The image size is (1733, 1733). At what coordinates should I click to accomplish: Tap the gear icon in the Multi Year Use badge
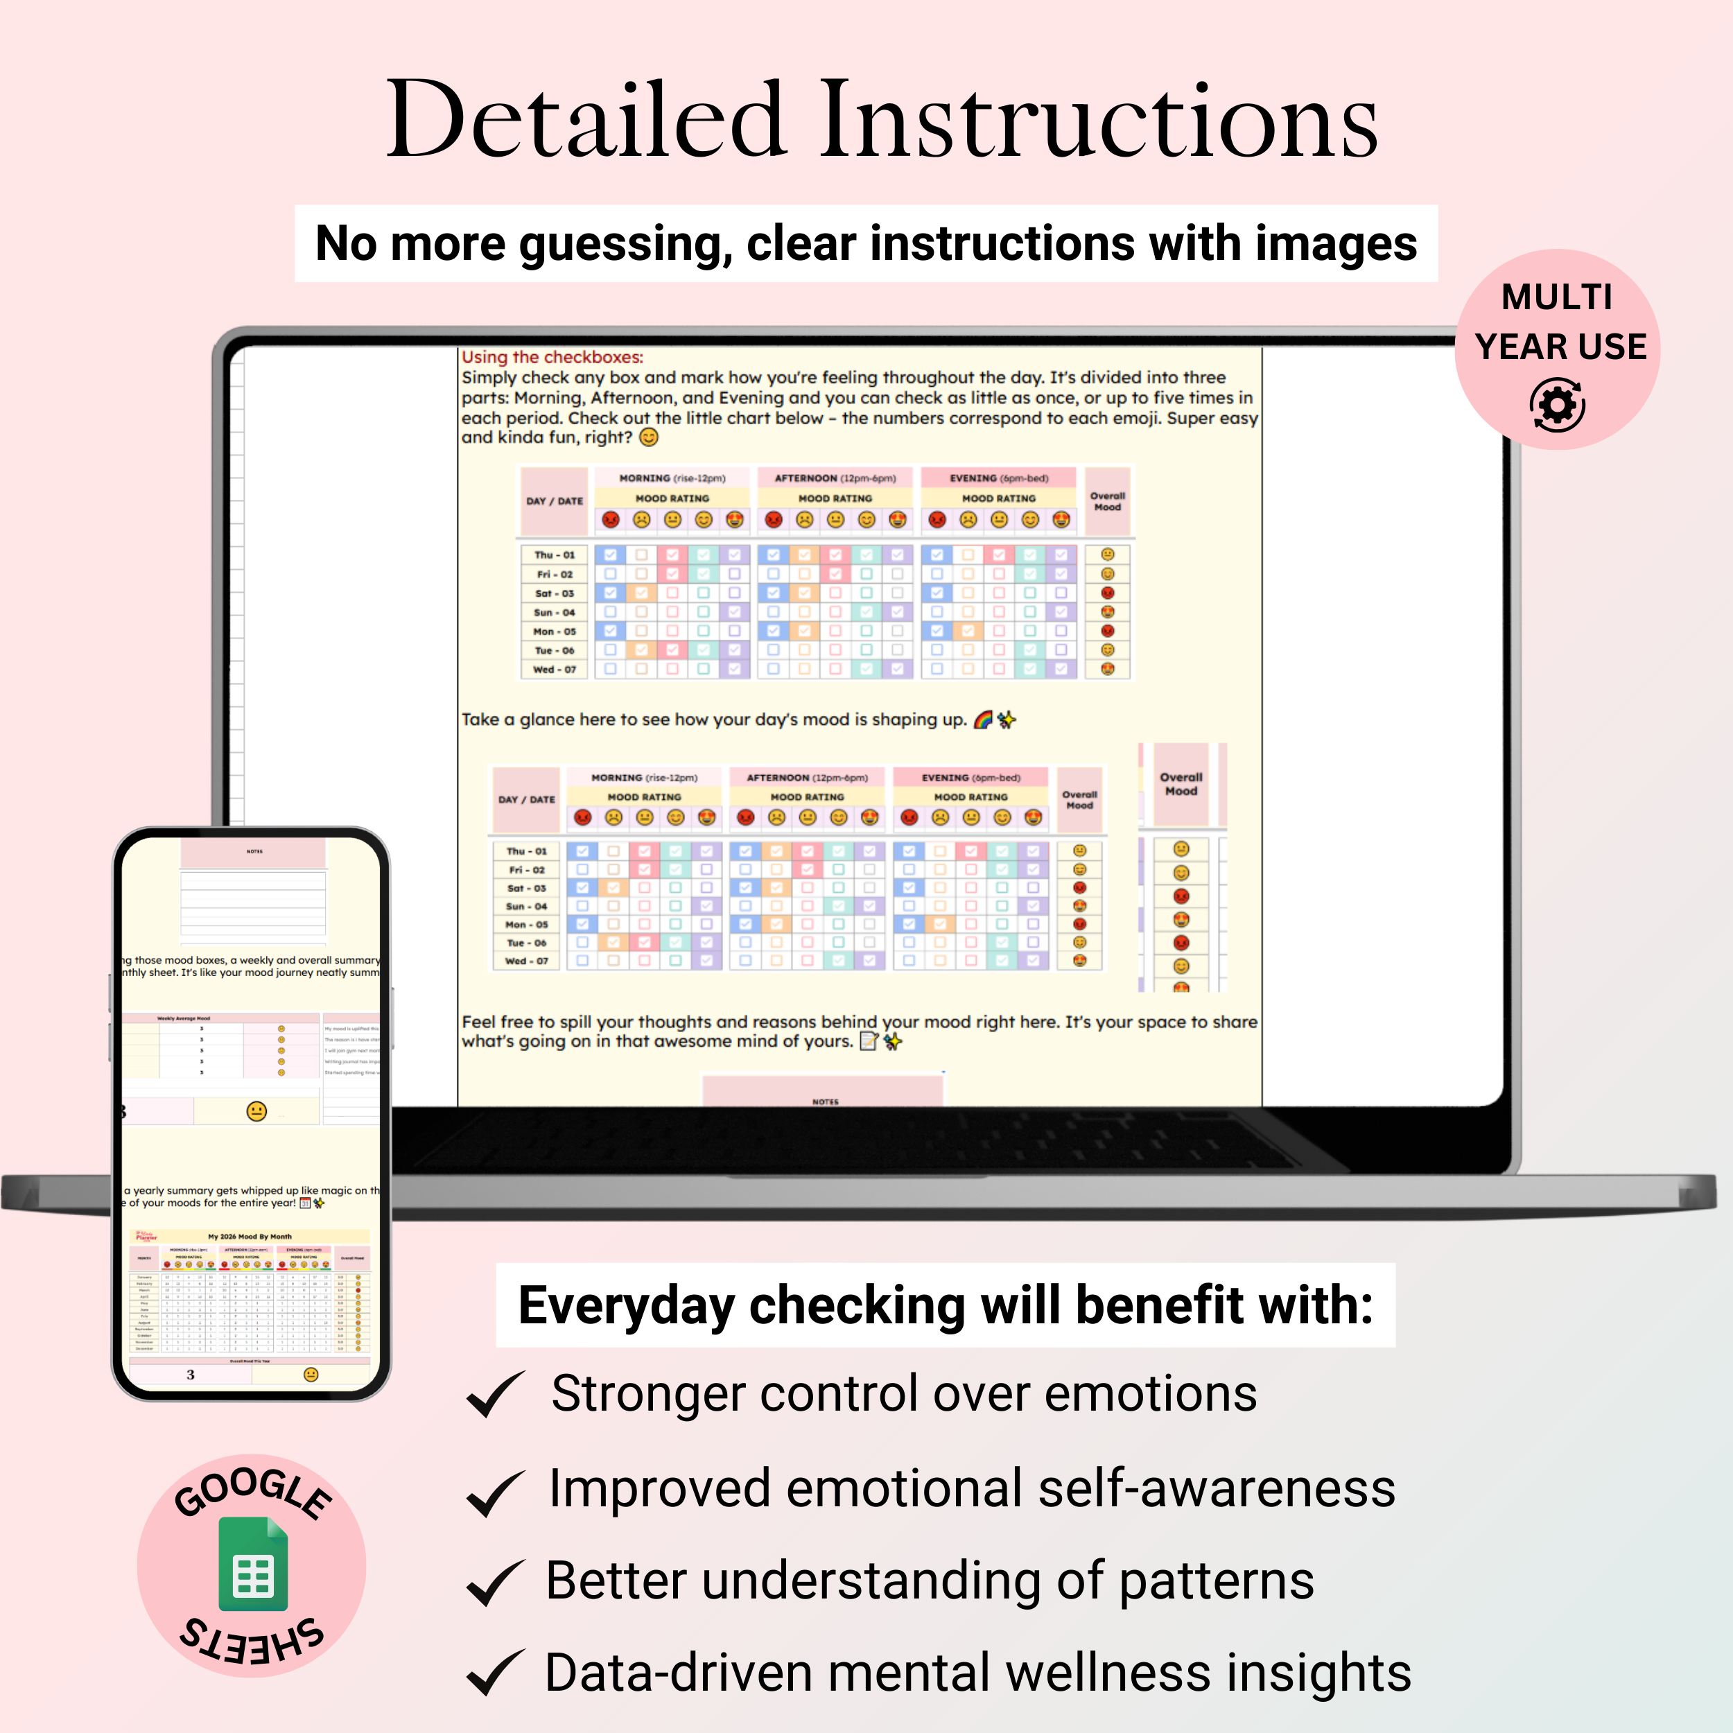(1557, 406)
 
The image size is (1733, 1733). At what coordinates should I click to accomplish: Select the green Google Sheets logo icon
(253, 1565)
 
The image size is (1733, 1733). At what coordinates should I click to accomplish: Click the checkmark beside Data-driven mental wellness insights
(495, 1674)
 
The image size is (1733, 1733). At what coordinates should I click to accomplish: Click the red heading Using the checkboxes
(552, 357)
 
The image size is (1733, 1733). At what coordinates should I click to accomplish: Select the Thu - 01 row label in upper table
(555, 555)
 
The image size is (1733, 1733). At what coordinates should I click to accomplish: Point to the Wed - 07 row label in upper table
(555, 669)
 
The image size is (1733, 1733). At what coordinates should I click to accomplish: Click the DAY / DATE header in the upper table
(555, 501)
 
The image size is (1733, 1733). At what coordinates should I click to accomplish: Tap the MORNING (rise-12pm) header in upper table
(672, 478)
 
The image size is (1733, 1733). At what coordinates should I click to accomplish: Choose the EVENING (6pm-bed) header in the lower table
(970, 778)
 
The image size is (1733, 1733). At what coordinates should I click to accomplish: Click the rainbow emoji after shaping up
(983, 720)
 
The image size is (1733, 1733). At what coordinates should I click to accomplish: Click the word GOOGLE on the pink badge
(252, 1492)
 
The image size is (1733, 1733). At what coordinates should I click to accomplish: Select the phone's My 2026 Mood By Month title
(250, 1236)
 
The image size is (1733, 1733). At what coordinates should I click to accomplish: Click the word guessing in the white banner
(625, 244)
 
